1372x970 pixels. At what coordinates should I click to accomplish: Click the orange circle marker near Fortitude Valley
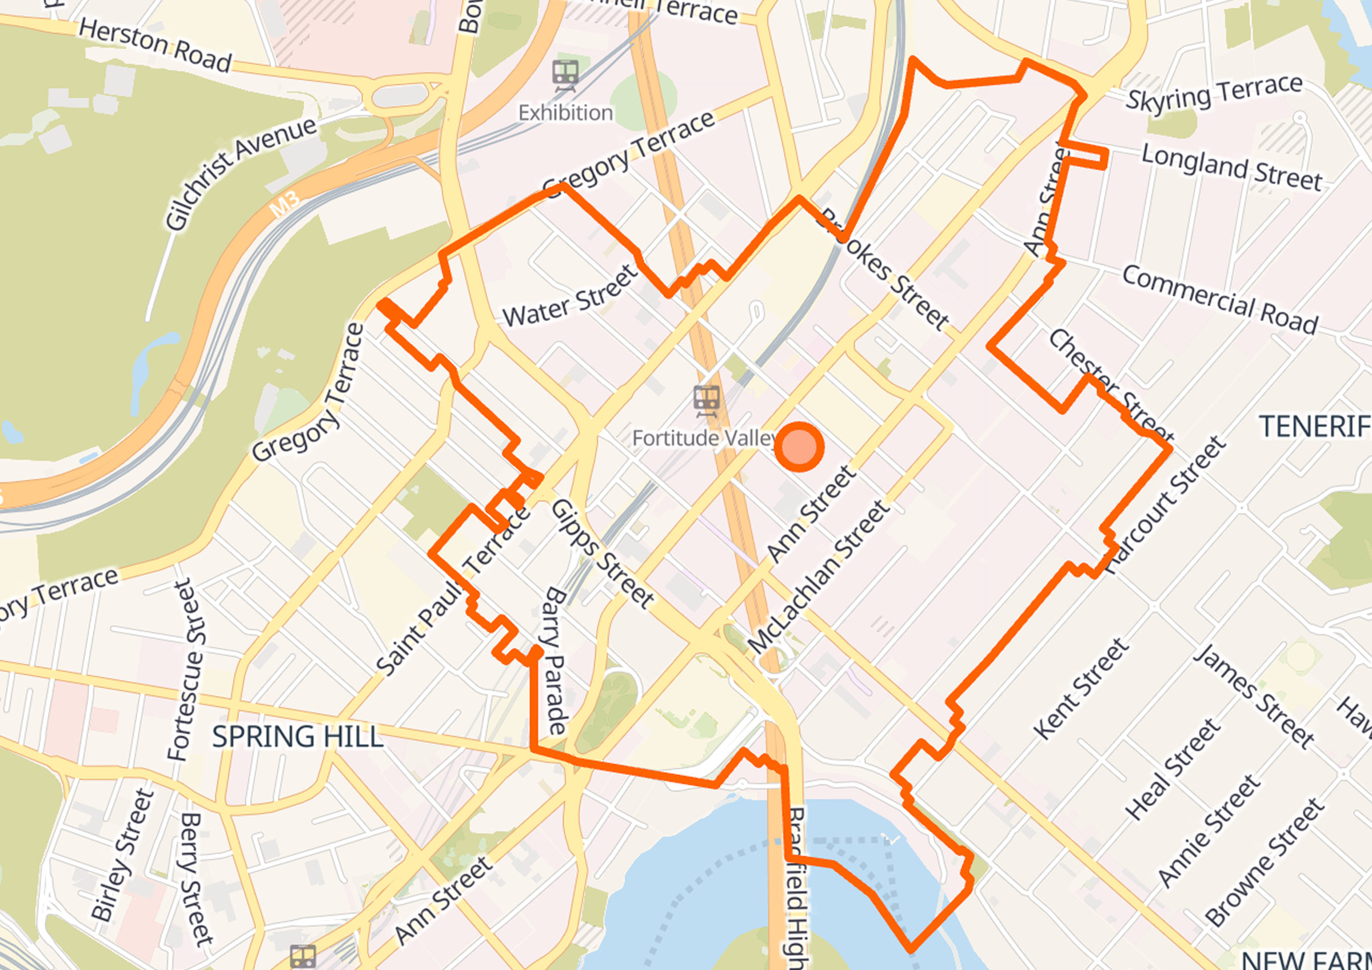point(799,447)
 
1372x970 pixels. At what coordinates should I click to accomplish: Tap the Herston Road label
point(155,45)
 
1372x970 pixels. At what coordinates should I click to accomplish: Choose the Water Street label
point(571,296)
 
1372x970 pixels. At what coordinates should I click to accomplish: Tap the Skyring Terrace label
point(1214,93)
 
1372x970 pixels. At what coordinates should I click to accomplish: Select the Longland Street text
point(1231,167)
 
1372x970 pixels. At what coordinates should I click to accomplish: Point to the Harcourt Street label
point(1165,505)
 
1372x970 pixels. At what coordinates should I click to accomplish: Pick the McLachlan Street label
point(819,577)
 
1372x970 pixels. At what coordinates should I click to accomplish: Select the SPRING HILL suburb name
point(297,736)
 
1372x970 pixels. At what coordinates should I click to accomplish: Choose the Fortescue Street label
point(187,669)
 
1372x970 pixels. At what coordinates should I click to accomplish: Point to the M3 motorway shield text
point(285,204)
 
